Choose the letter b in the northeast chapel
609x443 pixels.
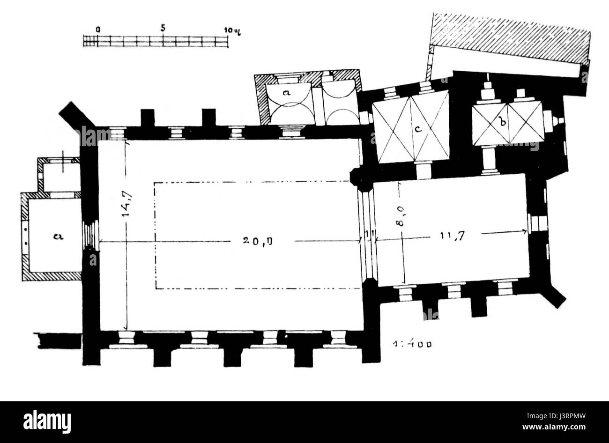point(503,123)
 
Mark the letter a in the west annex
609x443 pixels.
point(59,236)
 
